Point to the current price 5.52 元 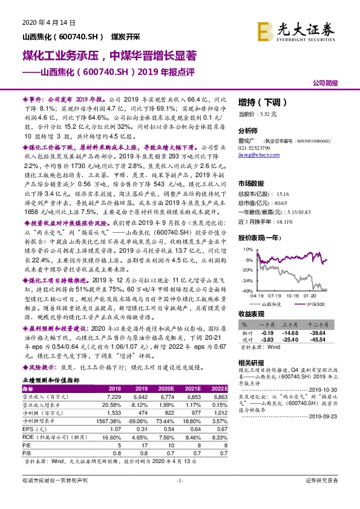click(258, 114)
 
